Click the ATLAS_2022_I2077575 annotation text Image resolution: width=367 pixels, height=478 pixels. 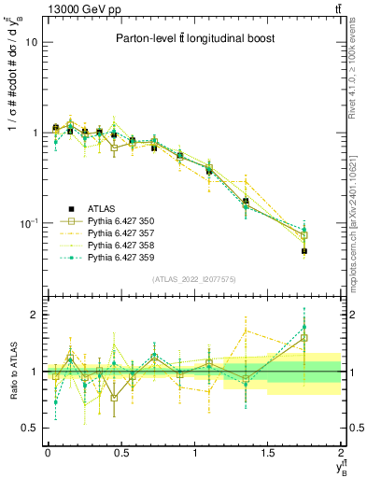192,279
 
